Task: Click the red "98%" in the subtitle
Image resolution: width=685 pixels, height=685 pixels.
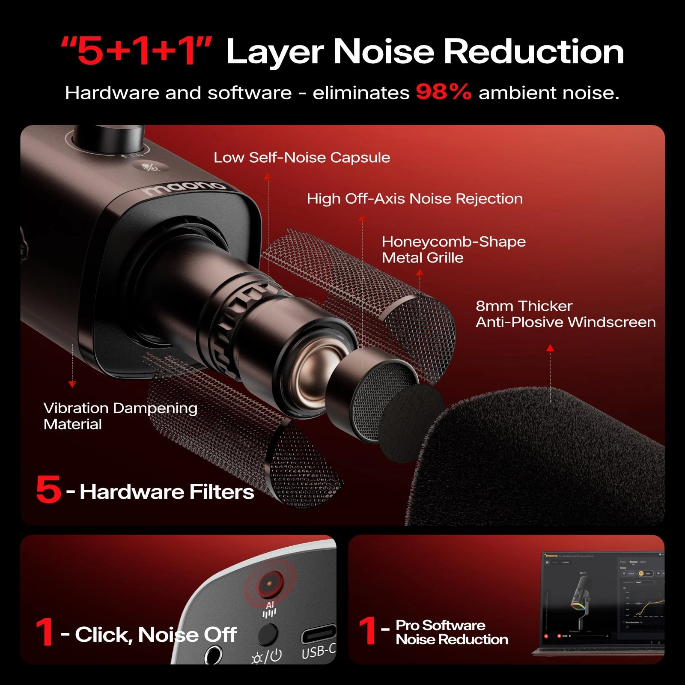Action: pos(443,92)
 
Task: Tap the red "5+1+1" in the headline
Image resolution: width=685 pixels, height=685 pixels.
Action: pos(137,51)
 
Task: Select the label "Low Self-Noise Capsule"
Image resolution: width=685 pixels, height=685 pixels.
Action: pos(302,158)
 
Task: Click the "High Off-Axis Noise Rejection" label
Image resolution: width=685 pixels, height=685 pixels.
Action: pos(414,199)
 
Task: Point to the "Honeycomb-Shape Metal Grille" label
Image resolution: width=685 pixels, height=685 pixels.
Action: pos(453,250)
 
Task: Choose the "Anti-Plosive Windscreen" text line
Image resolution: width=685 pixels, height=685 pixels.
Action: pos(565,322)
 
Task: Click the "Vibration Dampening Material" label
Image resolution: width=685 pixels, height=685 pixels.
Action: pos(120,416)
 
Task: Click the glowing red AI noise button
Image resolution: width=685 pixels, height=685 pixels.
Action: pos(270,583)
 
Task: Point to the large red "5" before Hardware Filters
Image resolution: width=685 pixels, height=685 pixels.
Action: pos(48,489)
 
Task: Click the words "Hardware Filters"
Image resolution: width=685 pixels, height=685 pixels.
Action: pos(167,491)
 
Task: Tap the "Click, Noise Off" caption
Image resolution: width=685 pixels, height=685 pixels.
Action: pos(155,634)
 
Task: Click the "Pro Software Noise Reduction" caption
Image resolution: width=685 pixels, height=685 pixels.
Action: pos(451,632)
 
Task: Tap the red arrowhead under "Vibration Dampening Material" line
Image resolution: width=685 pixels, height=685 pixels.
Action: pos(72,384)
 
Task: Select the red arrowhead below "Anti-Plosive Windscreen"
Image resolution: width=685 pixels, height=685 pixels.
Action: pos(550,348)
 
